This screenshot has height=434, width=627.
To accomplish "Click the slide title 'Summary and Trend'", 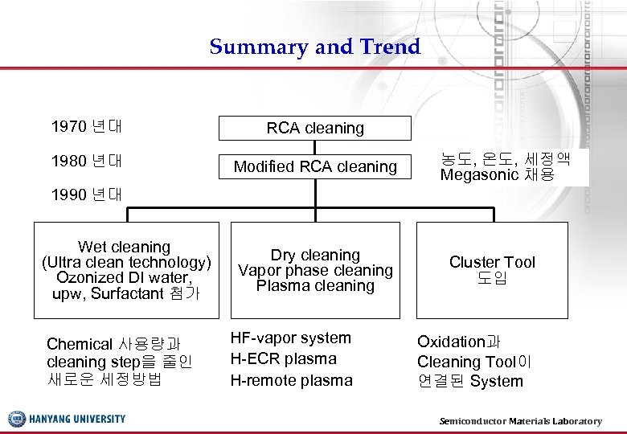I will pos(314,47).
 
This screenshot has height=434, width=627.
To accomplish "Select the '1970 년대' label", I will pos(86,126).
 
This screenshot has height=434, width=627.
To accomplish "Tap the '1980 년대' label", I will pos(86,161).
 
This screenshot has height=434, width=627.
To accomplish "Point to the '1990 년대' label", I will pos(86,194).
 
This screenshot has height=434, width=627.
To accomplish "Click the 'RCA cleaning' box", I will pos(315,128).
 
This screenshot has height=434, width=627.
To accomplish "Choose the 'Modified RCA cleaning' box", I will pos(315,166).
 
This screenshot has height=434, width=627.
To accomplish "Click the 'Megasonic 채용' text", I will pos(497,174).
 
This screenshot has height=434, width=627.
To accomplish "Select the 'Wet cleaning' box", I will pos(126,270).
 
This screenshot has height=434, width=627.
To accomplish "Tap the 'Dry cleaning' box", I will pos(315,270).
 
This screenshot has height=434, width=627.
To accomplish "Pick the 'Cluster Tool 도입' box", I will pos(492,270).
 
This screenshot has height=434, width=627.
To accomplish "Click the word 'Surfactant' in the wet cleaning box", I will pos(127,293).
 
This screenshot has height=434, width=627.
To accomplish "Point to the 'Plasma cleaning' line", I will pos(315,285).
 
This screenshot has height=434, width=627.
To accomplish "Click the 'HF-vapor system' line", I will pos(290,338).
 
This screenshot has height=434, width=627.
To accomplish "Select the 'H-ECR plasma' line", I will pos(283,358).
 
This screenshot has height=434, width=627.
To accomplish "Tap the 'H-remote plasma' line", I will pos(291,380).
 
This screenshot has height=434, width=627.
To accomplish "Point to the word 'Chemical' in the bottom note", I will pos(79,344).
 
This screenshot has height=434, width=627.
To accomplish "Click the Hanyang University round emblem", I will pos(17,419).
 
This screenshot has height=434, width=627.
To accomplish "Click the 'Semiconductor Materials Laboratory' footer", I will pos(520,421).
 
